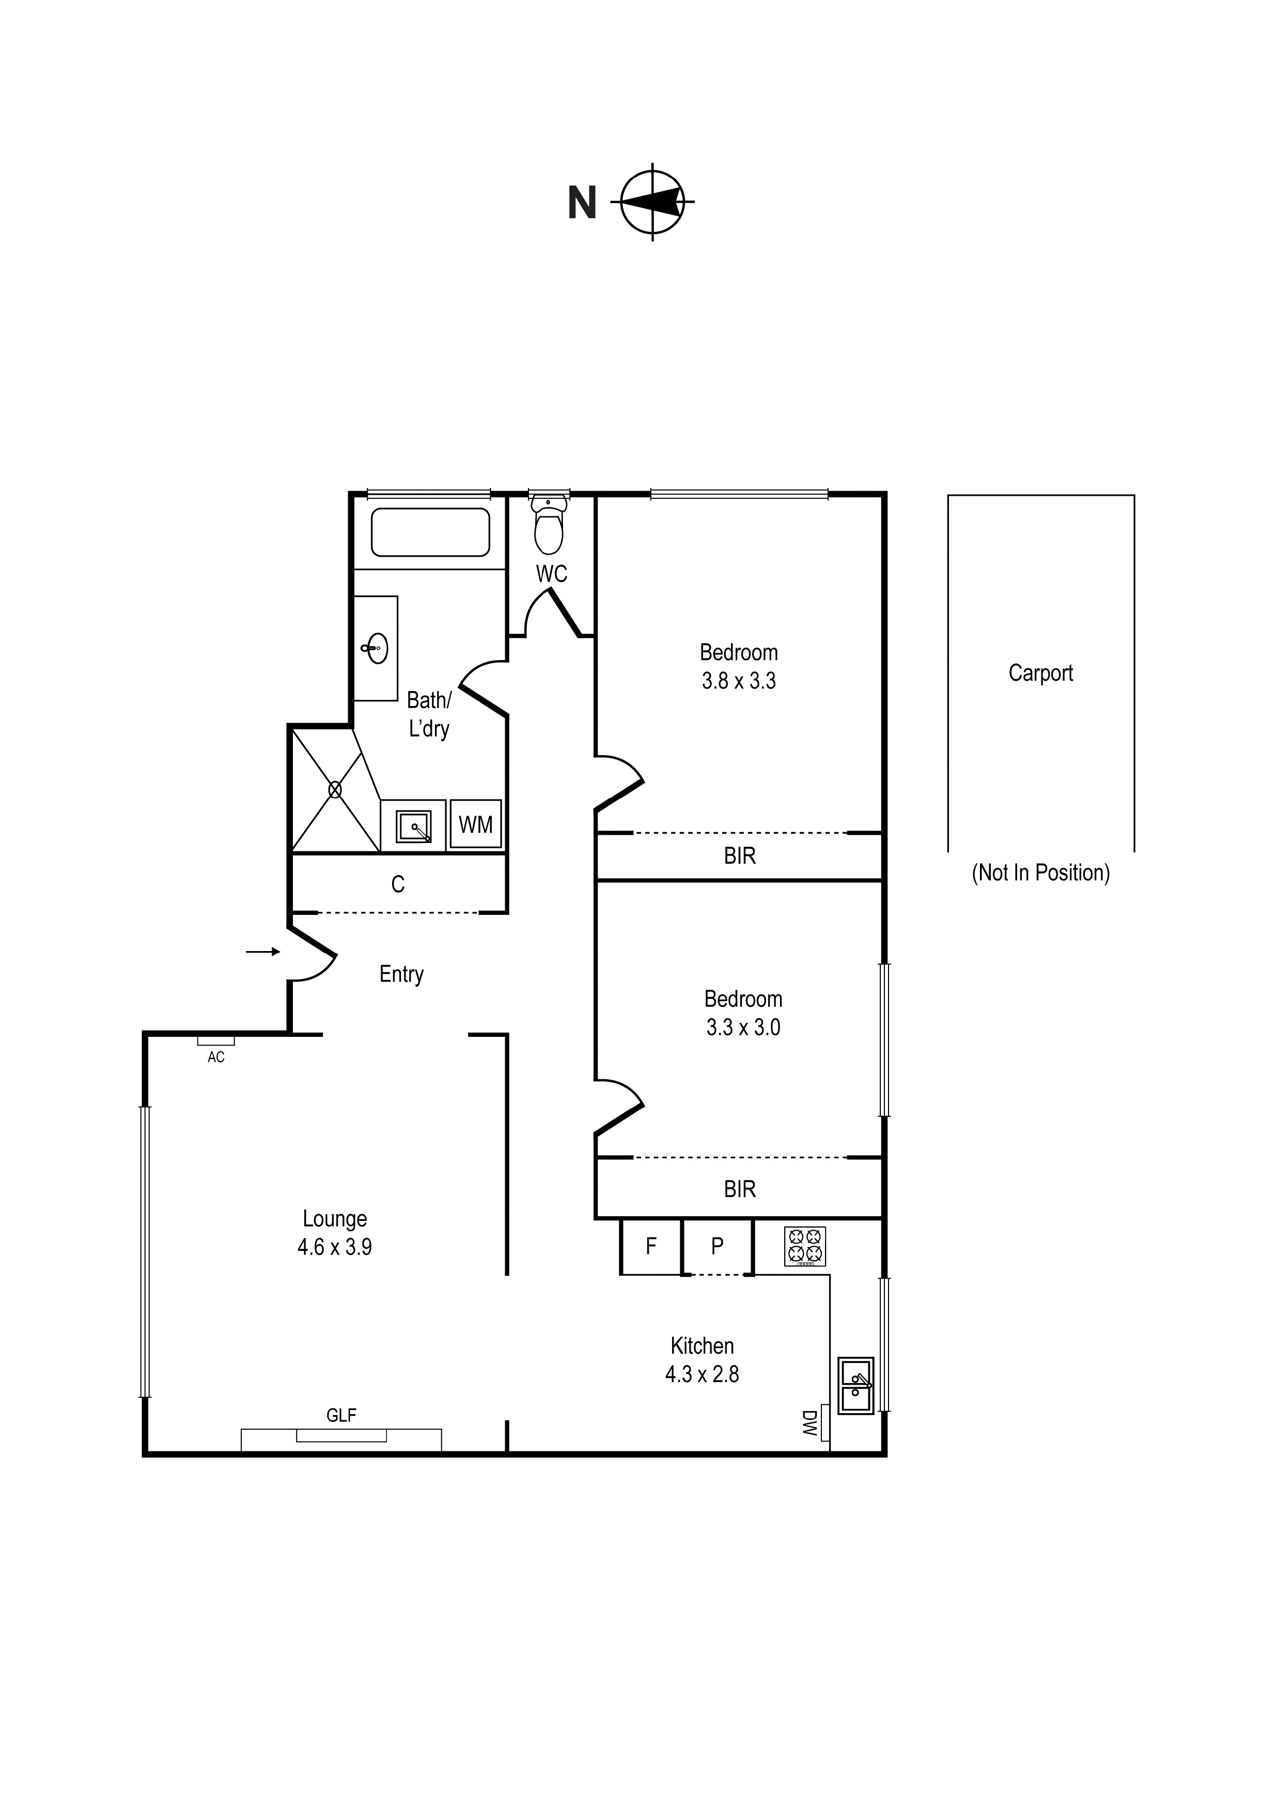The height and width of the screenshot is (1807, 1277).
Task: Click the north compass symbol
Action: pyautogui.click(x=652, y=202)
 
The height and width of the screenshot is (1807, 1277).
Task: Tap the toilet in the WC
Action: pyautogui.click(x=549, y=525)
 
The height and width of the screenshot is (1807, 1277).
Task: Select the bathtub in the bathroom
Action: pyautogui.click(x=430, y=532)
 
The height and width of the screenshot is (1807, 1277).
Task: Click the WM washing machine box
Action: pyautogui.click(x=475, y=824)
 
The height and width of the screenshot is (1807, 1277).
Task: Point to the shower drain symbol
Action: pyautogui.click(x=335, y=789)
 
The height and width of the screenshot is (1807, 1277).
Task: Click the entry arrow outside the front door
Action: pyautogui.click(x=263, y=952)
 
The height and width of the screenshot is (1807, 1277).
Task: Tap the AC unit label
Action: pyautogui.click(x=215, y=1057)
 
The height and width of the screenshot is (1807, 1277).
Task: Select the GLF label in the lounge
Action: pyautogui.click(x=341, y=1416)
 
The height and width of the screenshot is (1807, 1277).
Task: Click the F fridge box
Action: pyautogui.click(x=651, y=1246)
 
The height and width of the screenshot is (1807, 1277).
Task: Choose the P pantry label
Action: pyautogui.click(x=717, y=1246)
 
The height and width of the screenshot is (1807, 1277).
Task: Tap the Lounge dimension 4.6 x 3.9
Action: pyautogui.click(x=334, y=1247)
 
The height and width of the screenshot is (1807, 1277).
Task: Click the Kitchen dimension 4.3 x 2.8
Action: pyautogui.click(x=702, y=1374)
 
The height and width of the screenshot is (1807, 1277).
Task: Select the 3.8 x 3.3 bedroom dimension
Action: pyautogui.click(x=739, y=681)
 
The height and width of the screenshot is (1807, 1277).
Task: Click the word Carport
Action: pyautogui.click(x=1040, y=673)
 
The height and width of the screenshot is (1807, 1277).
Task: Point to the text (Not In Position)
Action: pyautogui.click(x=1040, y=873)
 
